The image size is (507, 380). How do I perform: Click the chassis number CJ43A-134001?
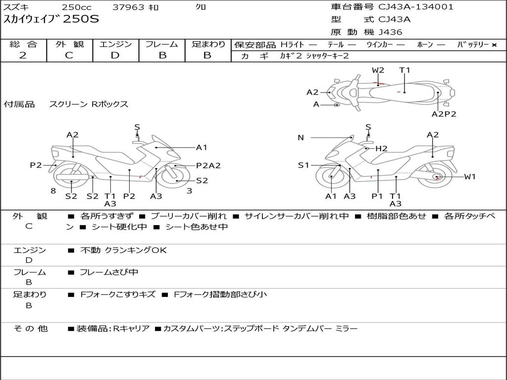pyautogui.click(x=415, y=7)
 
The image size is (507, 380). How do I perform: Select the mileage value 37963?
pyautogui.click(x=128, y=7)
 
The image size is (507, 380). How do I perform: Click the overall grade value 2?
pyautogui.click(x=23, y=55)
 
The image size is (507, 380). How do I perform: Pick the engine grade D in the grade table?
pyautogui.click(x=115, y=55)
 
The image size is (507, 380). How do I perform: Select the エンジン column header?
pyautogui.click(x=115, y=45)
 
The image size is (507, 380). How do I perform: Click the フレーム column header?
pyautogui.click(x=162, y=45)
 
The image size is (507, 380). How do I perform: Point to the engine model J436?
pyautogui.click(x=390, y=32)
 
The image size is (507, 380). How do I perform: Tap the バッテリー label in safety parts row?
pyautogui.click(x=473, y=45)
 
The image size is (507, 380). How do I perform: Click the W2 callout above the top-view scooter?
pyautogui.click(x=378, y=70)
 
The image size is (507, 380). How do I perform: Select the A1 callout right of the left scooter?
pyautogui.click(x=202, y=147)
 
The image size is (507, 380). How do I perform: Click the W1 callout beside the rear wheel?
pyautogui.click(x=469, y=177)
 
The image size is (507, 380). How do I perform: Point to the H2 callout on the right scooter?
pyautogui.click(x=381, y=148)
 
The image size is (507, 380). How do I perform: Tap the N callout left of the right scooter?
pyautogui.click(x=301, y=138)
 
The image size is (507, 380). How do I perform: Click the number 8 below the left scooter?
pyautogui.click(x=53, y=190)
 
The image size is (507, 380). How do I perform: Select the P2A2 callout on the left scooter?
pyautogui.click(x=208, y=166)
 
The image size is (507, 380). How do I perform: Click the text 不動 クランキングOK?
pyautogui.click(x=123, y=250)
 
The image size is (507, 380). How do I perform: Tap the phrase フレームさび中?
pyautogui.click(x=109, y=272)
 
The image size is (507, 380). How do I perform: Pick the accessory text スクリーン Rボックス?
pyautogui.click(x=89, y=104)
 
